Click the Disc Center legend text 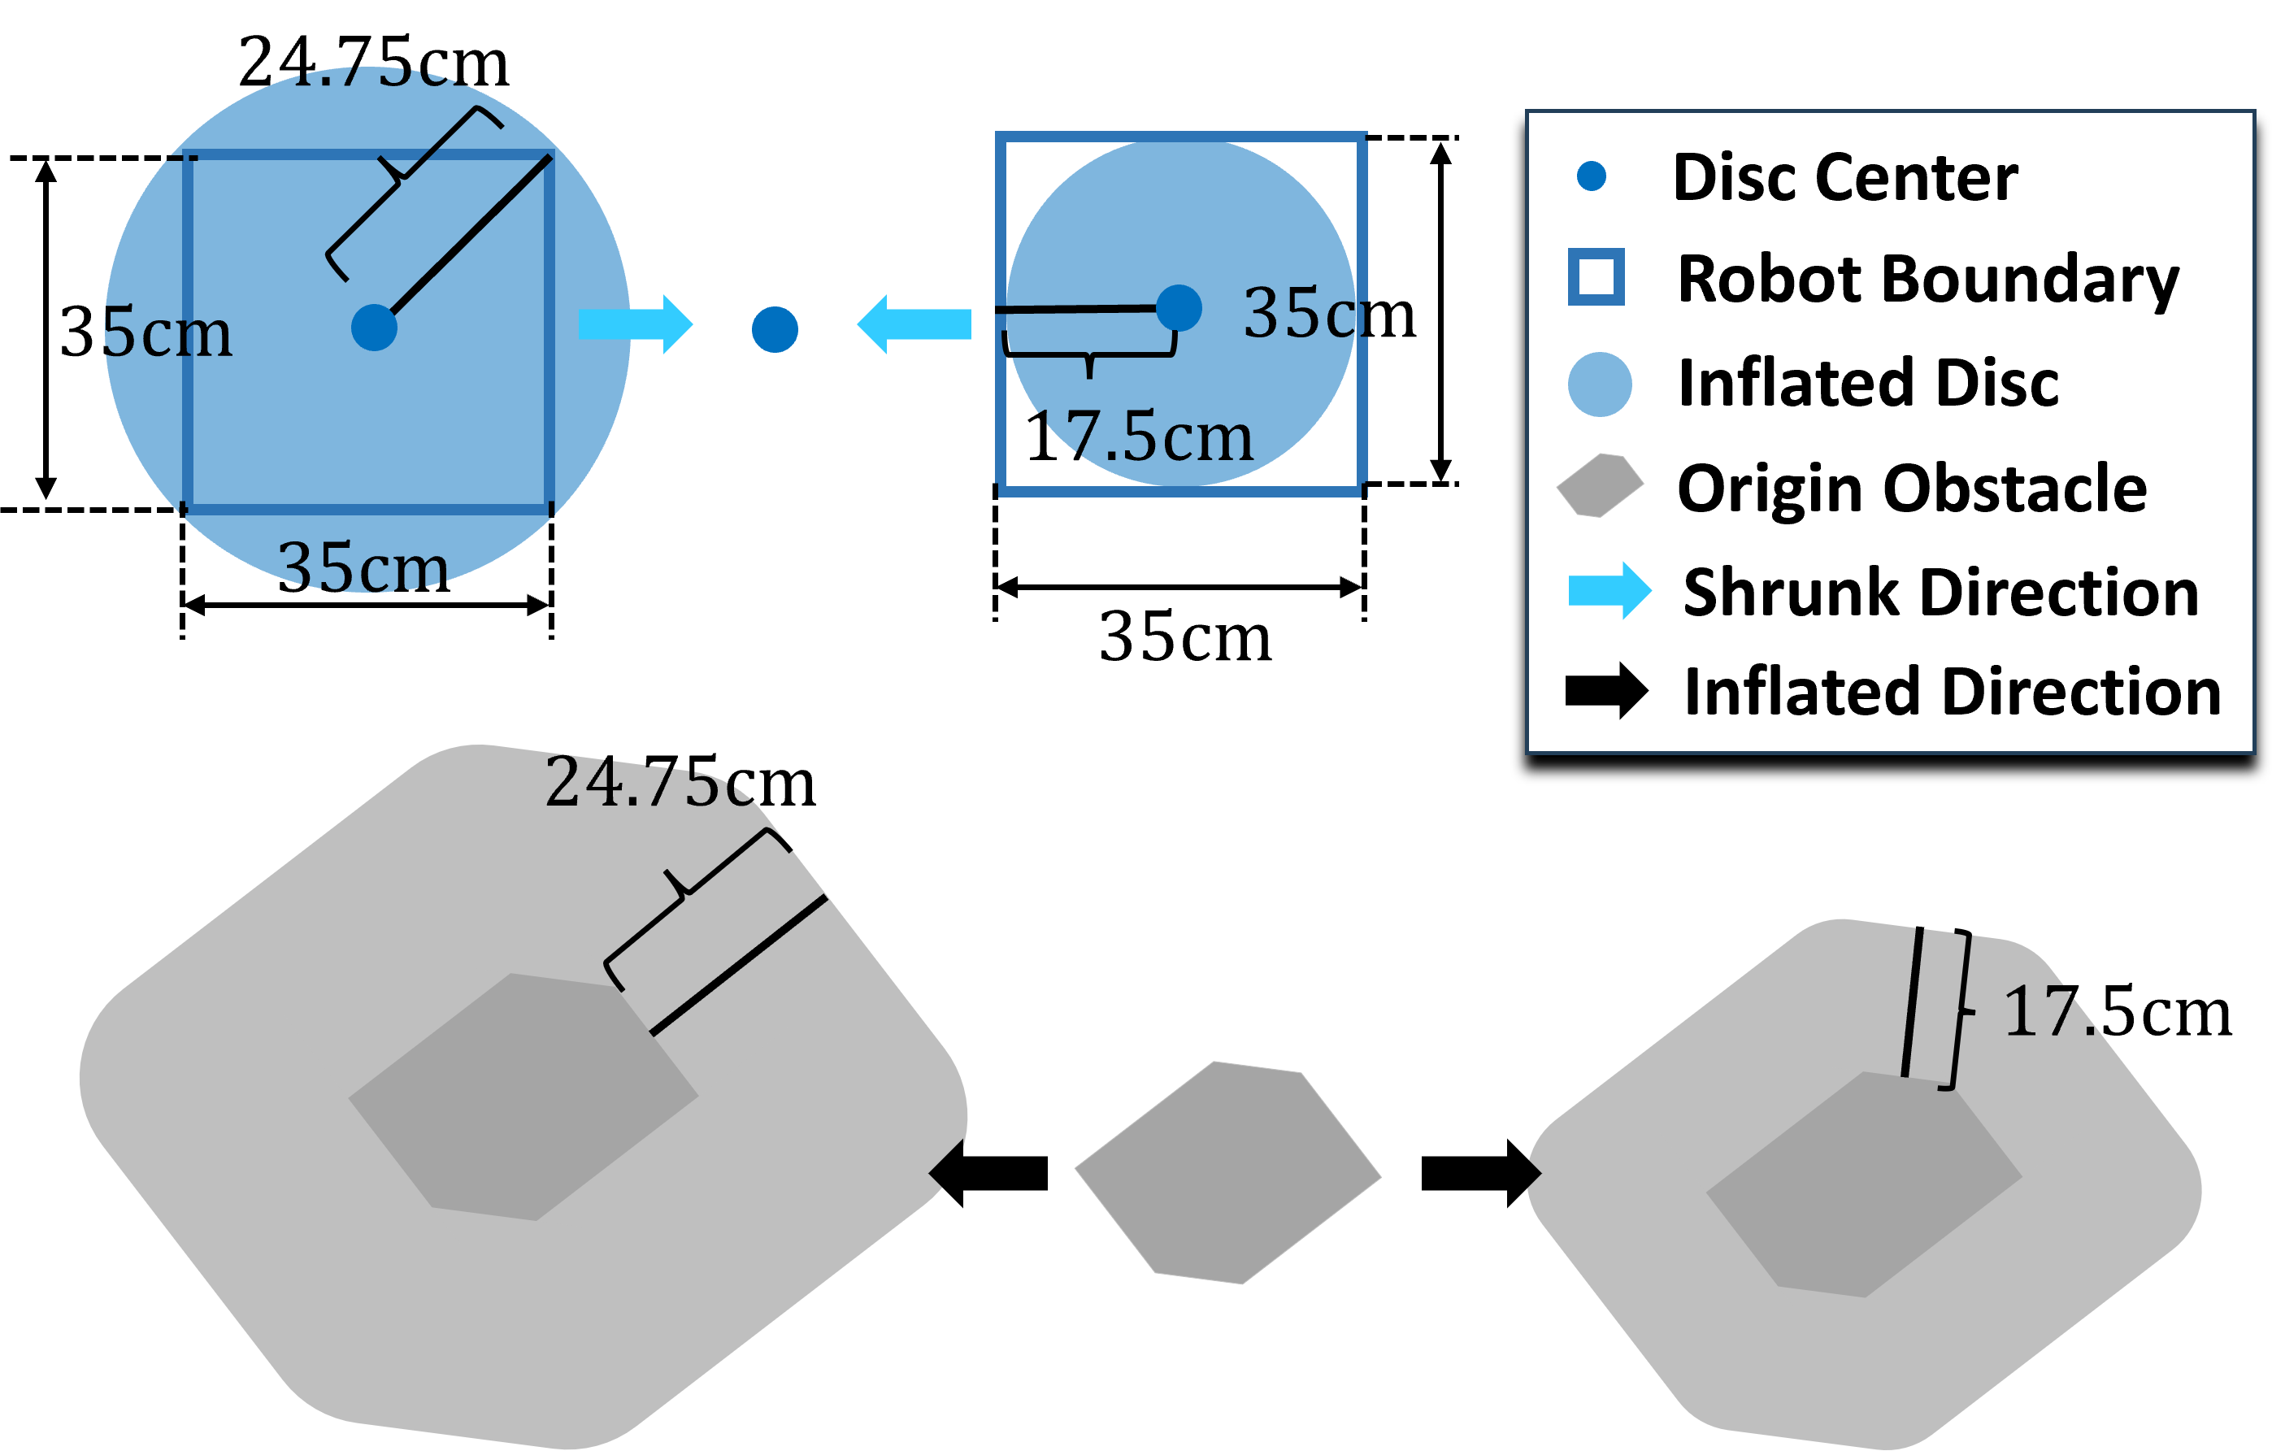coord(1844,177)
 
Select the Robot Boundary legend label coord(1927,280)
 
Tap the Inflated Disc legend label coord(1868,383)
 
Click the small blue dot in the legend coord(1592,176)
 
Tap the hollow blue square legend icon coord(1596,277)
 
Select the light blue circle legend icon coord(1599,384)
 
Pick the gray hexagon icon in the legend coord(1599,486)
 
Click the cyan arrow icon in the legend coord(1609,591)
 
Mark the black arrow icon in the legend coord(1606,691)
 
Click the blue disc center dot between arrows coord(775,329)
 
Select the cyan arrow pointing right coord(635,324)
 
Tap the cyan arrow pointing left coord(914,324)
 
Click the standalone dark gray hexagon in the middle coord(1227,1173)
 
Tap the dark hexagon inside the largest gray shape coord(523,1097)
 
